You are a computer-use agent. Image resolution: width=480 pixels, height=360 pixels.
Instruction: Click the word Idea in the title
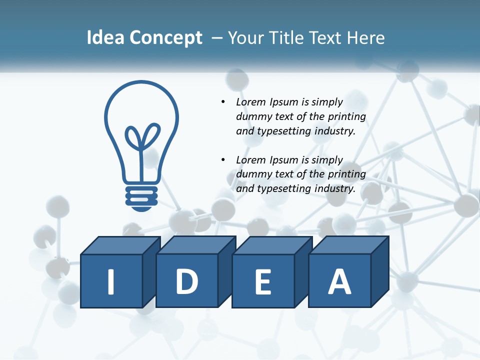pos(106,38)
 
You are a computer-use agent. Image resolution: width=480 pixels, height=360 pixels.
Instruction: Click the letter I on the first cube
pos(111,281)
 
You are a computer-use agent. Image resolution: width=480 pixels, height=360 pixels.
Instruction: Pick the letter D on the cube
pos(187,281)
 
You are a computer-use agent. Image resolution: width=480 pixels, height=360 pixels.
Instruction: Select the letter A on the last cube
pos(339,281)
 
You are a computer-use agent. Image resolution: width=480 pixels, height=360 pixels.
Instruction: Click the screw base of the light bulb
pos(141,196)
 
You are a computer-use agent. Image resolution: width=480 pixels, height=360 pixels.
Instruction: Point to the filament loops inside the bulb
pos(142,137)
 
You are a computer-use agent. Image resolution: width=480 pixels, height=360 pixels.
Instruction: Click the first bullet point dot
pos(223,102)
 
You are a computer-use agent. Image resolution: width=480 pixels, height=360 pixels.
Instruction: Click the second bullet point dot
pos(223,160)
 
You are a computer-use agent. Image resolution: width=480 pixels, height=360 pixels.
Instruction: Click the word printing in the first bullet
pos(346,116)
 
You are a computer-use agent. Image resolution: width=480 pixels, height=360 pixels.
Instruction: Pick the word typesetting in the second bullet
pos(284,188)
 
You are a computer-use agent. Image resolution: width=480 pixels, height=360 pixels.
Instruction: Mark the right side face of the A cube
pos(379,272)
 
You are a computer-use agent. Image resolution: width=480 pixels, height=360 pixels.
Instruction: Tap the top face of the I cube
pos(120,245)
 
